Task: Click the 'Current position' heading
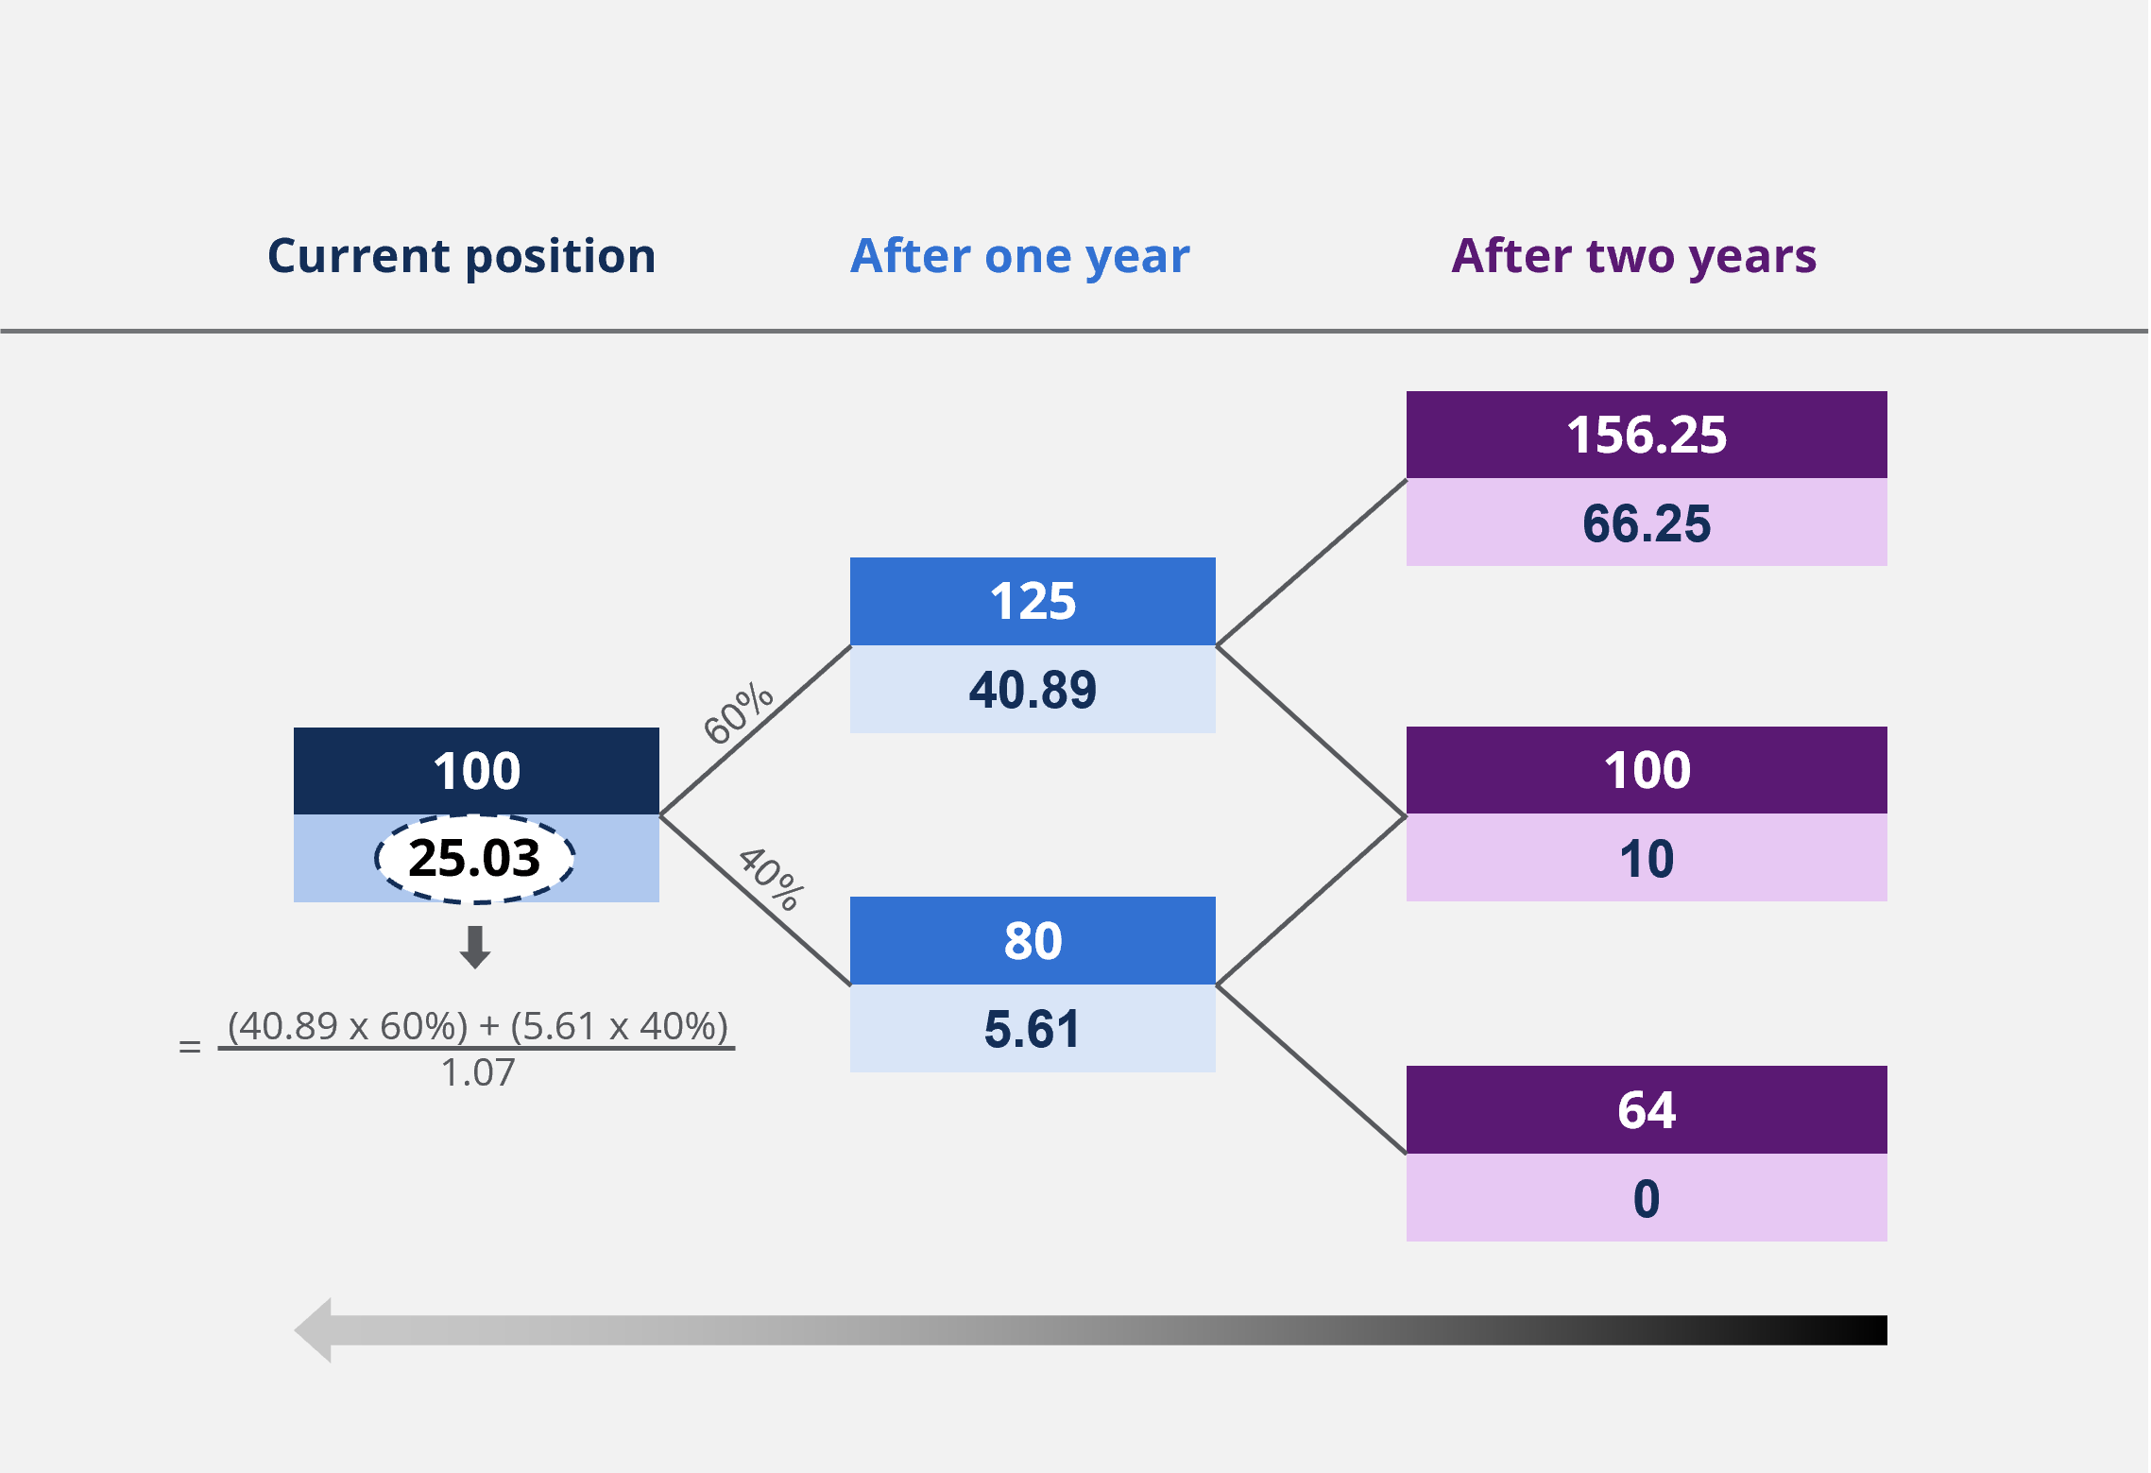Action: point(461,257)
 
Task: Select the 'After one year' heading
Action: point(1020,257)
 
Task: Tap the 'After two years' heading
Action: point(1634,257)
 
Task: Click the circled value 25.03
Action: point(474,858)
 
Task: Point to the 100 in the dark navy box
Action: point(476,771)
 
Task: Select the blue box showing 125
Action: point(1033,601)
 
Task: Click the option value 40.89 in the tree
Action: point(1033,690)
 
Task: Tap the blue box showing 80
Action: point(1033,940)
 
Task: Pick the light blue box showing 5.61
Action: point(1033,1028)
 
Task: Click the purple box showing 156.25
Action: point(1647,435)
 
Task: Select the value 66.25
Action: point(1647,523)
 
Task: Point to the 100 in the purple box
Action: point(1647,770)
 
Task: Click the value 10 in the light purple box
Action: point(1647,859)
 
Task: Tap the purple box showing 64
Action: point(1647,1109)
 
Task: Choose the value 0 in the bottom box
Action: point(1647,1199)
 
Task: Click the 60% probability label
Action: point(738,713)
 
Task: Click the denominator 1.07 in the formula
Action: point(478,1073)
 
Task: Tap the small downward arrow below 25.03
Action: point(475,947)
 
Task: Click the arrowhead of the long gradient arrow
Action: point(313,1330)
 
